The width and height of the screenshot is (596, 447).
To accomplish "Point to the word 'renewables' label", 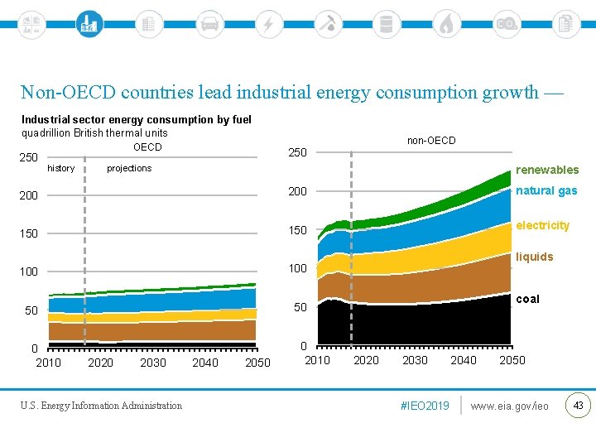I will click(x=547, y=170).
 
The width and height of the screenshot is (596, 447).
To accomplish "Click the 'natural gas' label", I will click(x=546, y=190).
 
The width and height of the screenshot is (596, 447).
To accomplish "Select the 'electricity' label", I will click(x=542, y=225).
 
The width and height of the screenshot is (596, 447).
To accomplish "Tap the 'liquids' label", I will click(x=534, y=257).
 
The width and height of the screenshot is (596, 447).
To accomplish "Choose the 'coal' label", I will click(x=527, y=299).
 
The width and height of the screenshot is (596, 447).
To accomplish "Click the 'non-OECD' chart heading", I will click(x=430, y=140).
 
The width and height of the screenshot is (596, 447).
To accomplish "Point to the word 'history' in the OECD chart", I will click(x=61, y=168).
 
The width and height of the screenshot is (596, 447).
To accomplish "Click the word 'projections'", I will click(x=129, y=168).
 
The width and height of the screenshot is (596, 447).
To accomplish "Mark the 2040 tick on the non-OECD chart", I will click(x=464, y=359).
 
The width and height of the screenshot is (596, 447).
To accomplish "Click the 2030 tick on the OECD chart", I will click(x=153, y=363).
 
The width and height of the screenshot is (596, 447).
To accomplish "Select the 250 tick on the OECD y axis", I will click(x=29, y=157).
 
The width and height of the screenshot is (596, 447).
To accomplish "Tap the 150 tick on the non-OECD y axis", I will click(x=297, y=230).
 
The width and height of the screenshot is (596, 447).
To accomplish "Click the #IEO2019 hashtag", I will click(x=425, y=406).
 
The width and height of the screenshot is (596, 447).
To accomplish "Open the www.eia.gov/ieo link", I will click(x=509, y=406).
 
